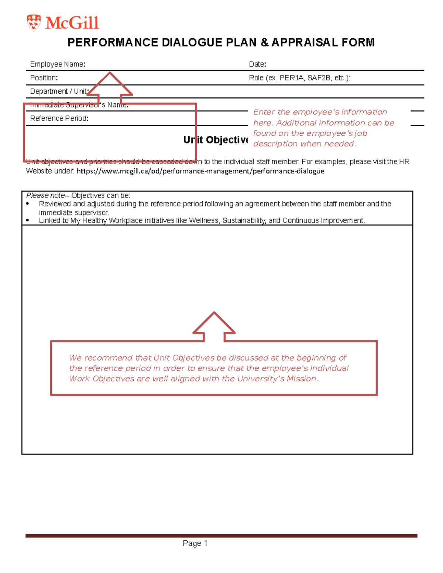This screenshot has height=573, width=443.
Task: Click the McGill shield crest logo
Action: [34, 23]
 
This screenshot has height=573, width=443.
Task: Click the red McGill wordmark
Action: [72, 23]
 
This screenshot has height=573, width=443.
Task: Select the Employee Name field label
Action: [58, 64]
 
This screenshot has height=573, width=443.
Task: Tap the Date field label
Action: [257, 64]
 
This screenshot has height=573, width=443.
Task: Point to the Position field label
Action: [44, 78]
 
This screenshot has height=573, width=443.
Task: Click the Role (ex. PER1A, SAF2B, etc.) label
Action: [299, 78]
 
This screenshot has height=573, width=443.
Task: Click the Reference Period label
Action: [59, 118]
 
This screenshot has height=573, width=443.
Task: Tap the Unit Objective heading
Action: [216, 140]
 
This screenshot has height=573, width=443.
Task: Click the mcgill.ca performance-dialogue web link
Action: [200, 171]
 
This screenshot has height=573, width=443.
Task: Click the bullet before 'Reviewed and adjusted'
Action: [28, 204]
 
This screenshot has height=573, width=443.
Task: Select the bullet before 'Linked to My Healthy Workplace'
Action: [28, 221]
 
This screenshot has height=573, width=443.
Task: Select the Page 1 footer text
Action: [195, 543]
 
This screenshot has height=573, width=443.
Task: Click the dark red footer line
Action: [221, 535]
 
